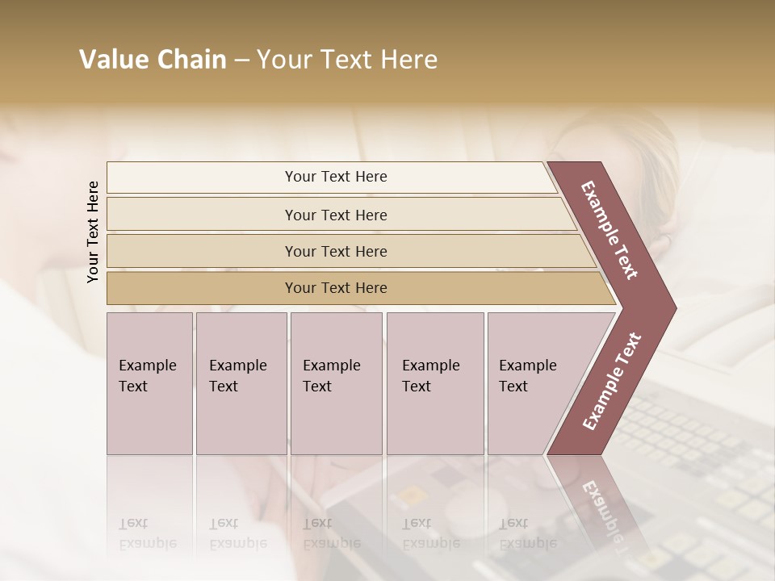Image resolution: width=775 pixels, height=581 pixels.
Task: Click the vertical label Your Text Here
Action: click(x=93, y=232)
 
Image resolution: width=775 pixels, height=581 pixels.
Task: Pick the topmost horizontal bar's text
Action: click(x=336, y=177)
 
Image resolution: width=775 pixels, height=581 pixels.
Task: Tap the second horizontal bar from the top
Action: click(x=336, y=215)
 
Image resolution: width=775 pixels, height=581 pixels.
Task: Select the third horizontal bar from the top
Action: click(x=336, y=251)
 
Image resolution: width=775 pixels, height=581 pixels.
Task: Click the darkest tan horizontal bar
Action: click(x=336, y=288)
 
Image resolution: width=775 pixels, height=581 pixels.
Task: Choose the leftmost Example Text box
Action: click(x=149, y=382)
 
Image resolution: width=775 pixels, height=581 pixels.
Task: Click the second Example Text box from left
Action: click(x=241, y=382)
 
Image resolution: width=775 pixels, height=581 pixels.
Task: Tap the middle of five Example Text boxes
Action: click(x=336, y=382)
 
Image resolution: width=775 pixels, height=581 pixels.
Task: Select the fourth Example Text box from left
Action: click(x=434, y=382)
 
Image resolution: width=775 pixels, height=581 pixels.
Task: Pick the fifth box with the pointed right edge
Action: click(x=533, y=382)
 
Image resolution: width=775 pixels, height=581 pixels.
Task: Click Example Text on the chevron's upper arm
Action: click(x=610, y=230)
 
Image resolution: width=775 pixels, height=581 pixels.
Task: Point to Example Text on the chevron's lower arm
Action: click(x=611, y=382)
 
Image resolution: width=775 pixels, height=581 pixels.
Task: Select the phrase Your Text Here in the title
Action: click(x=347, y=60)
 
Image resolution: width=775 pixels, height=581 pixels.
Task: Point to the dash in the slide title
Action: click(x=241, y=61)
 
